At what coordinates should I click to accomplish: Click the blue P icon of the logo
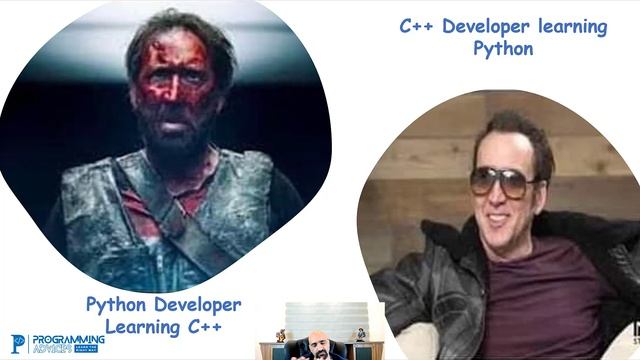pos(18,344)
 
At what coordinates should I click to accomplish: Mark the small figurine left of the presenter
pos(281,336)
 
